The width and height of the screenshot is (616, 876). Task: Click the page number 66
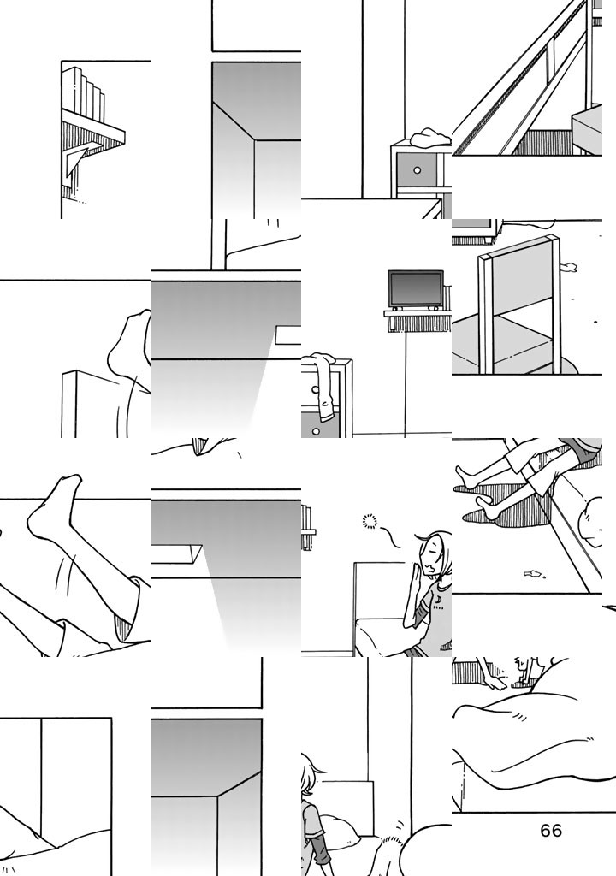coord(551,831)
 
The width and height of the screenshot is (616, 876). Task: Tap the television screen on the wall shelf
coord(416,289)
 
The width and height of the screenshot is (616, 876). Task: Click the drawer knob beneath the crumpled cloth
coord(417,170)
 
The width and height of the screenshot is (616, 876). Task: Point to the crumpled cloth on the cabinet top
coord(429,136)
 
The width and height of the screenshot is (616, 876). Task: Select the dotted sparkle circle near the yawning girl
coord(370,521)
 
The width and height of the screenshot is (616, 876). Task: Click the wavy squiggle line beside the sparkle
coord(391,537)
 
